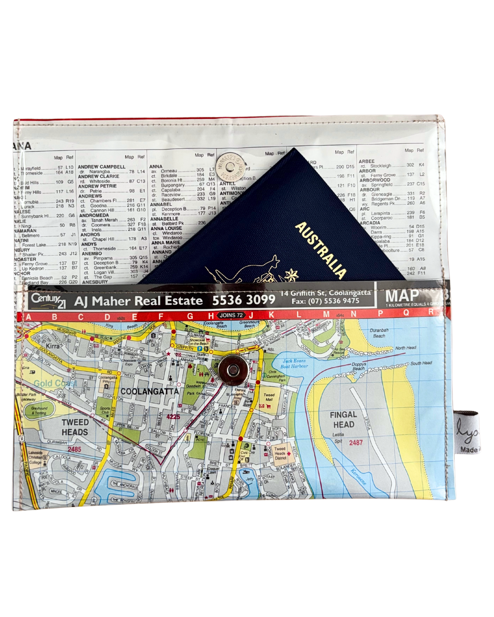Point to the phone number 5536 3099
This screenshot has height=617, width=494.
coord(243,300)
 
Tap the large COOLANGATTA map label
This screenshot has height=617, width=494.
coord(149,392)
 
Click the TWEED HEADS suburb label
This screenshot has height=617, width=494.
coord(75,427)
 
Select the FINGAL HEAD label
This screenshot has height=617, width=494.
coord(343,420)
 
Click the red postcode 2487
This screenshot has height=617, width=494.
coord(355,442)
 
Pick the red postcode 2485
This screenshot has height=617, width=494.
coord(74,449)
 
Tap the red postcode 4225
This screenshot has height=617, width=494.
coord(173,417)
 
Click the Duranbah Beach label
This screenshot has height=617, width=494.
coord(379,333)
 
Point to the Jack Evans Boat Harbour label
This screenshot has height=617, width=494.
coord(295,363)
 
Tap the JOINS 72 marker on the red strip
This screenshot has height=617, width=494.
coord(231,315)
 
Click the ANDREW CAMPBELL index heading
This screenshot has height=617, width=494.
coord(101,167)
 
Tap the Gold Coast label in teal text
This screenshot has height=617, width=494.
coord(55,383)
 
